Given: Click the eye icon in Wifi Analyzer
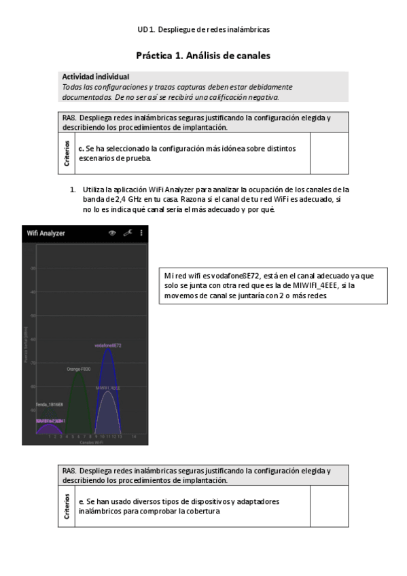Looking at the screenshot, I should [x=112, y=233].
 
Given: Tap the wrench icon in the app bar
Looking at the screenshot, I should [x=127, y=233].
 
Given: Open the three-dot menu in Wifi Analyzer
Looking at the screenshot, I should [x=141, y=233].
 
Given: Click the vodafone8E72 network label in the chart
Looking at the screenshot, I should [x=107, y=346].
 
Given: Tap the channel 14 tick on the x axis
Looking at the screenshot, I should [x=135, y=435].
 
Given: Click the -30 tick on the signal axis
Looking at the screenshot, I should [x=33, y=268].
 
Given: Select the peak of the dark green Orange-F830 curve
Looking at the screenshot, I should [x=79, y=373].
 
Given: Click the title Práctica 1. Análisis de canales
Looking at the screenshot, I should [x=203, y=56].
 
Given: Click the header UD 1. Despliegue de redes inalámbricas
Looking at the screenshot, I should [x=203, y=30].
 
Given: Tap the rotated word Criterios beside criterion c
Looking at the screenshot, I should [x=67, y=154].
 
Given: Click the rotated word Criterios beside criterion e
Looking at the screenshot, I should [x=67, y=507].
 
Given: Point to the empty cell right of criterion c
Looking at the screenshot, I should [x=329, y=154].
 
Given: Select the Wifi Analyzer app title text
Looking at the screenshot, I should [x=46, y=233].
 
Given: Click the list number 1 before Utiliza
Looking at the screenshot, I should [x=73, y=190].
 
